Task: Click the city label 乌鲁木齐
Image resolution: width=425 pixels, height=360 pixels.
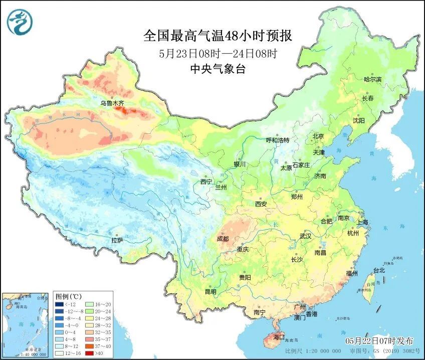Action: [111, 103]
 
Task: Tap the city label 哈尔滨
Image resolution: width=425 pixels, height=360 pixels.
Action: [372, 80]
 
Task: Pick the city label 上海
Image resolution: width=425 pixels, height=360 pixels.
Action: [362, 222]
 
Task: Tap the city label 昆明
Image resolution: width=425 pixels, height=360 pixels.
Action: [210, 292]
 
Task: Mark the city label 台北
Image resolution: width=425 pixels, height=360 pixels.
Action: [379, 270]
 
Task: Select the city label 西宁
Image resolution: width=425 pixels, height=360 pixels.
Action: [206, 182]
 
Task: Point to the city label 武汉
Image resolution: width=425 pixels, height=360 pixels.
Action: [305, 236]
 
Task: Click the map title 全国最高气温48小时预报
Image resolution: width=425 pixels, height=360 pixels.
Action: [218, 36]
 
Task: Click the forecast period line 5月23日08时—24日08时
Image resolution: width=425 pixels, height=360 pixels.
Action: [218, 53]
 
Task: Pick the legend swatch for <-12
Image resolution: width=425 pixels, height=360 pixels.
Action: [59, 304]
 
